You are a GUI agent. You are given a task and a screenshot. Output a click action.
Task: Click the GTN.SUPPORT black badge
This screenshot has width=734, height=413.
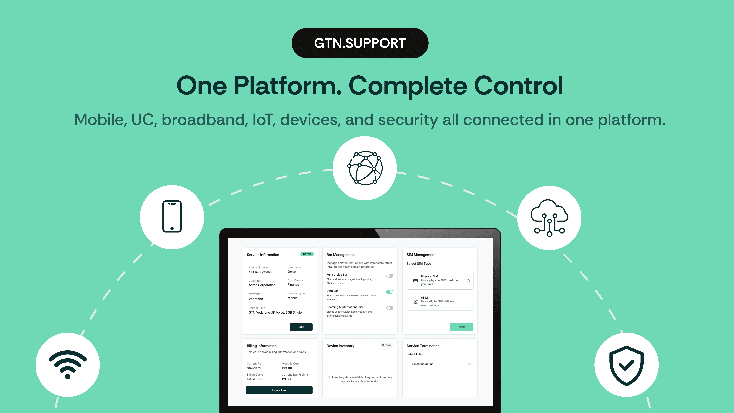pos(360,43)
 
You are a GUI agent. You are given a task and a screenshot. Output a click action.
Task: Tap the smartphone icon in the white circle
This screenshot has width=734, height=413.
pos(172,217)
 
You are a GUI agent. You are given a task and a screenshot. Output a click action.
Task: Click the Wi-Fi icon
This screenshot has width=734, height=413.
pos(68,365)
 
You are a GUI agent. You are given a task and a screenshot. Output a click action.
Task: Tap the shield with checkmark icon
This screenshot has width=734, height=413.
pos(626,365)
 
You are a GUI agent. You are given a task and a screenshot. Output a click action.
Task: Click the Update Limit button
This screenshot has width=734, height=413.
pos(279,390)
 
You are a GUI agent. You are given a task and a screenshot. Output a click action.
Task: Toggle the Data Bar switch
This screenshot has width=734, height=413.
pos(390,292)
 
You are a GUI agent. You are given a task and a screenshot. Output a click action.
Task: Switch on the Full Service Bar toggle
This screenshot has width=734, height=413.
pos(390,275)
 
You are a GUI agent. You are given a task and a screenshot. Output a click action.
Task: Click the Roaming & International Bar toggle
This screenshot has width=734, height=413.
pos(390,308)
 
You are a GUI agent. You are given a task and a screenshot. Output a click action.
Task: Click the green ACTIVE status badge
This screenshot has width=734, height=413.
pos(307,254)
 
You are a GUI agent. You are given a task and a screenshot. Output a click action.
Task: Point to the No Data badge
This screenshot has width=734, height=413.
pos(386,345)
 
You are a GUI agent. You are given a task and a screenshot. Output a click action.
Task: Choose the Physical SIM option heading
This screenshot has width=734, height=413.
pos(429,276)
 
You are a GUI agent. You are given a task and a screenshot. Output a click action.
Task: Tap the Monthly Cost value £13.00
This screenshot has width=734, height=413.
pos(287,368)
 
